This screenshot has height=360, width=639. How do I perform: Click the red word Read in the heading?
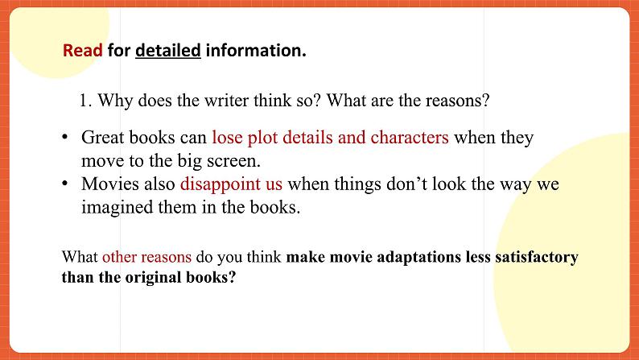tap(82, 51)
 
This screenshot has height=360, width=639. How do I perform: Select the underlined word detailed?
tap(168, 51)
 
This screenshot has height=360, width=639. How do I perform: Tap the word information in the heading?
tap(256, 51)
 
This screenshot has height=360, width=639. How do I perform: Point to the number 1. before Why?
tap(85, 101)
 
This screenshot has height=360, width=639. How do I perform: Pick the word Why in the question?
tap(115, 101)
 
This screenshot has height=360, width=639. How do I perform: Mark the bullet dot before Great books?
tap(64, 137)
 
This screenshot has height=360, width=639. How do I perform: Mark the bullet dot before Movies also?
tap(64, 184)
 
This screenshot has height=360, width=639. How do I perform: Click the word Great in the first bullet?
tap(102, 138)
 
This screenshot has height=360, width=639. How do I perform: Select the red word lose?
tap(227, 138)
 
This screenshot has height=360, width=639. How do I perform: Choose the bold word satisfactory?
tap(537, 258)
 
